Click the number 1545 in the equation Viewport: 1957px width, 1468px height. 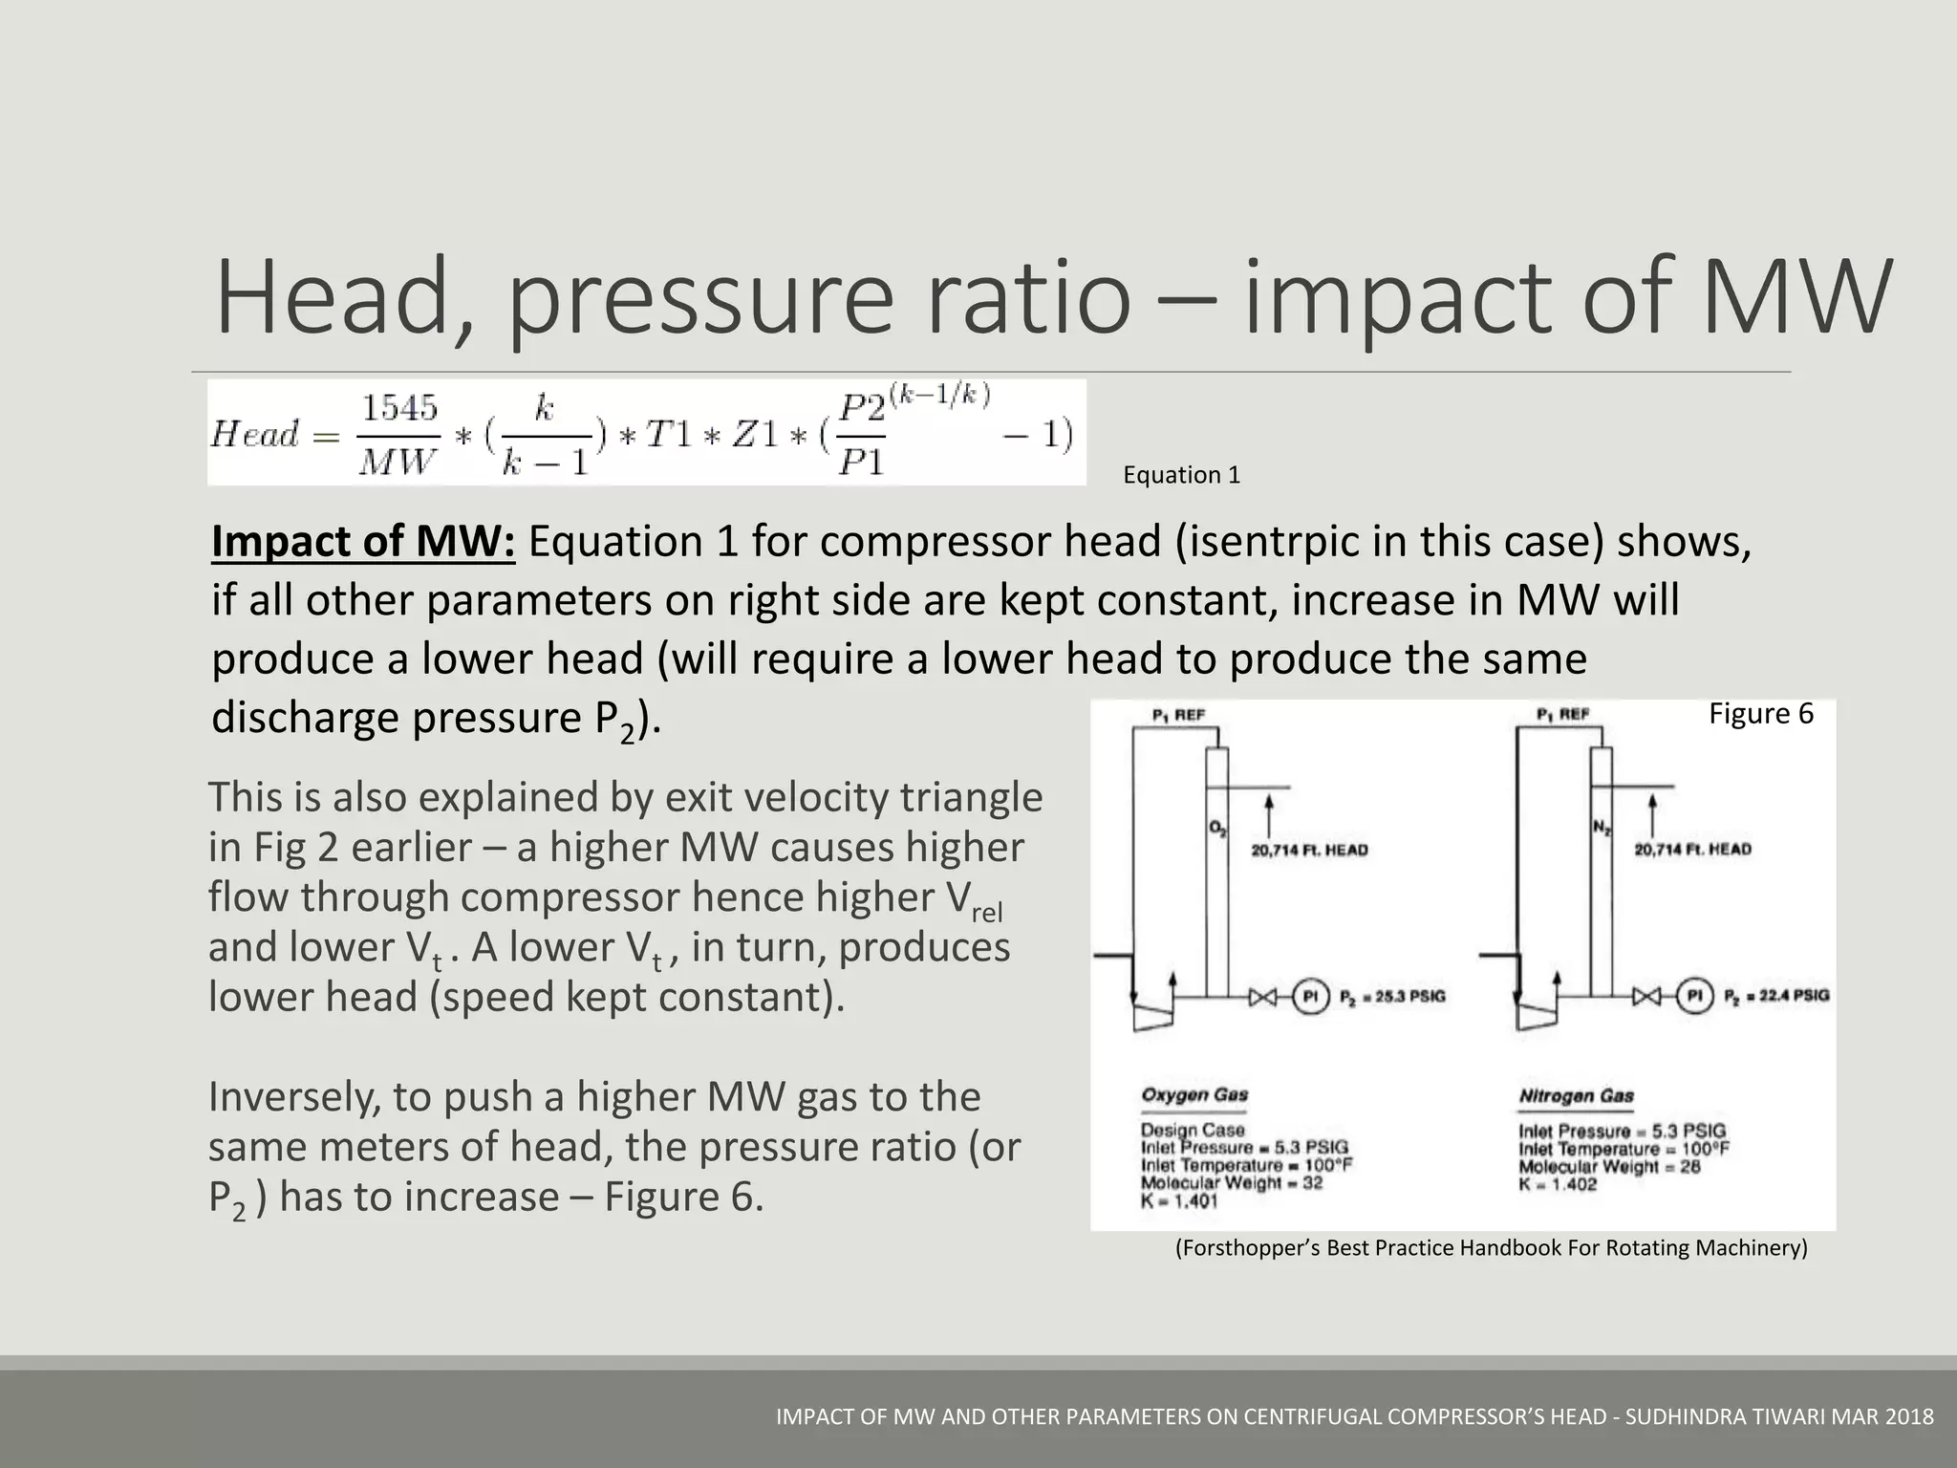(399, 409)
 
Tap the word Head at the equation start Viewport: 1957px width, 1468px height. (255, 435)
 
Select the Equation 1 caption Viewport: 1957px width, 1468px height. (1181, 475)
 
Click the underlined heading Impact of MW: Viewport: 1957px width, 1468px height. (363, 542)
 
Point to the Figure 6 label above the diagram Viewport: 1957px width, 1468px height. (1760, 714)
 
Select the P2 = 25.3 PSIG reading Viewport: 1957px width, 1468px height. (1392, 997)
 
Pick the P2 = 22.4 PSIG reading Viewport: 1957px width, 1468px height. (1776, 996)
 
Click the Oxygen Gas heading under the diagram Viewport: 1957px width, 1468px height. (1194, 1095)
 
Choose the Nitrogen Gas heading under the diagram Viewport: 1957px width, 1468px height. (1577, 1096)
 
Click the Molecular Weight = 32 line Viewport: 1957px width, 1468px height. (1231, 1183)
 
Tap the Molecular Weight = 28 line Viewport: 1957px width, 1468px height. (1609, 1167)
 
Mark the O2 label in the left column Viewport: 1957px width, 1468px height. (1217, 830)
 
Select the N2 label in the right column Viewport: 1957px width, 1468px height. (1602, 830)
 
